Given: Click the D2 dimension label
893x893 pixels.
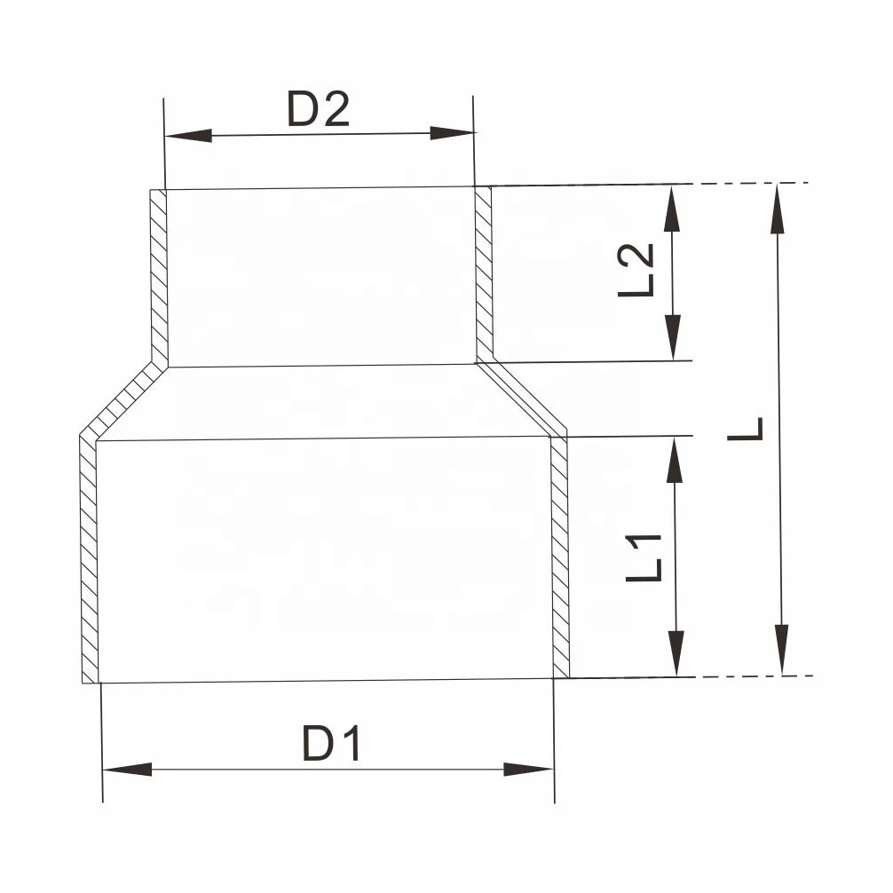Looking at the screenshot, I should (x=318, y=110).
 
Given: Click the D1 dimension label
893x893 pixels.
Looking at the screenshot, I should (x=332, y=744).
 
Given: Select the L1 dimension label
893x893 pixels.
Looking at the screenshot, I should (x=644, y=557).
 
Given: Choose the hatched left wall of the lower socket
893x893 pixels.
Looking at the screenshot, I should (x=89, y=559).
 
